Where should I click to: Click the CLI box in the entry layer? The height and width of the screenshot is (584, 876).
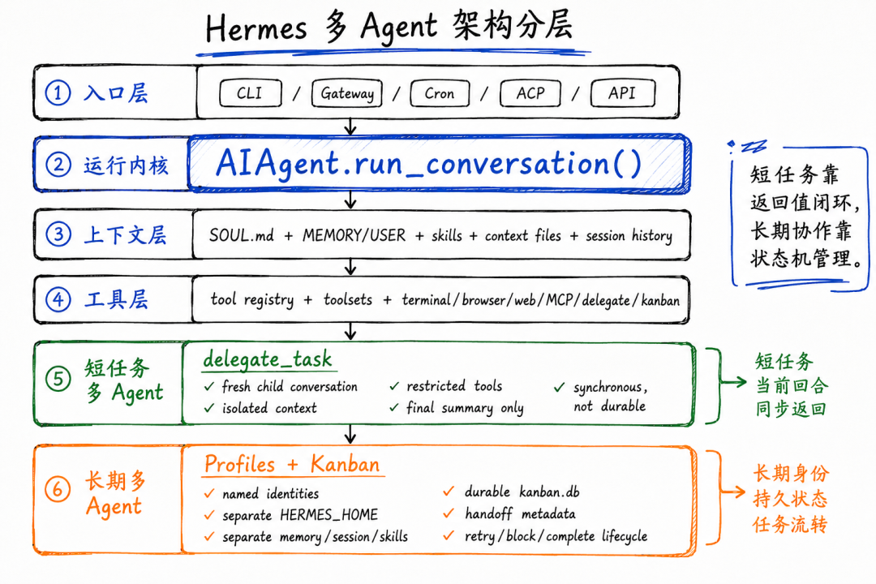pyautogui.click(x=251, y=92)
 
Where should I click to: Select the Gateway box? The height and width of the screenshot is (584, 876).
pyautogui.click(x=347, y=92)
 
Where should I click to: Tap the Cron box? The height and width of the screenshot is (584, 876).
pyautogui.click(x=440, y=92)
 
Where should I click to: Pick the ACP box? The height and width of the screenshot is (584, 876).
pyautogui.click(x=530, y=92)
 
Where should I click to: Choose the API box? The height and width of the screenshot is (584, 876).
pyautogui.click(x=622, y=92)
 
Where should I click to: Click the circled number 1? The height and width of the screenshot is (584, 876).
pyautogui.click(x=58, y=92)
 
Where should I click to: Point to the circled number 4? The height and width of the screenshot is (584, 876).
pyautogui.click(x=58, y=299)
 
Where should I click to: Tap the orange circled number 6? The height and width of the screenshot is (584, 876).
pyautogui.click(x=58, y=490)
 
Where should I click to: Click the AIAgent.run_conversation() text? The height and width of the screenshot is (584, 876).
pyautogui.click(x=429, y=164)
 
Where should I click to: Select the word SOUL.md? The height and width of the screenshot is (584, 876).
pyautogui.click(x=242, y=235)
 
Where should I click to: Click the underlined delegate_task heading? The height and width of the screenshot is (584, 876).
pyautogui.click(x=268, y=359)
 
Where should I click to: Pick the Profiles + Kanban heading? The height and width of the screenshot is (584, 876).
pyautogui.click(x=292, y=465)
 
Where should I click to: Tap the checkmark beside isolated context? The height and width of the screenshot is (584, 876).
pyautogui.click(x=209, y=408)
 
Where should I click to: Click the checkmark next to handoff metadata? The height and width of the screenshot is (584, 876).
pyautogui.click(x=448, y=513)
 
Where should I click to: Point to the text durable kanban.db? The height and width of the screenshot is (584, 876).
pyautogui.click(x=522, y=492)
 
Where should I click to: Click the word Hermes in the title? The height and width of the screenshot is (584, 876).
pyautogui.click(x=256, y=28)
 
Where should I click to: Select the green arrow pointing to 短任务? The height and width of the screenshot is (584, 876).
pyautogui.click(x=733, y=382)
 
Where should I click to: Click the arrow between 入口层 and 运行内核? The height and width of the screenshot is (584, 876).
pyautogui.click(x=350, y=127)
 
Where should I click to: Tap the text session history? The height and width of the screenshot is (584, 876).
pyautogui.click(x=629, y=236)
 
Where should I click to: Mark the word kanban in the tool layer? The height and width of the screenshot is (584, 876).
pyautogui.click(x=660, y=301)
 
